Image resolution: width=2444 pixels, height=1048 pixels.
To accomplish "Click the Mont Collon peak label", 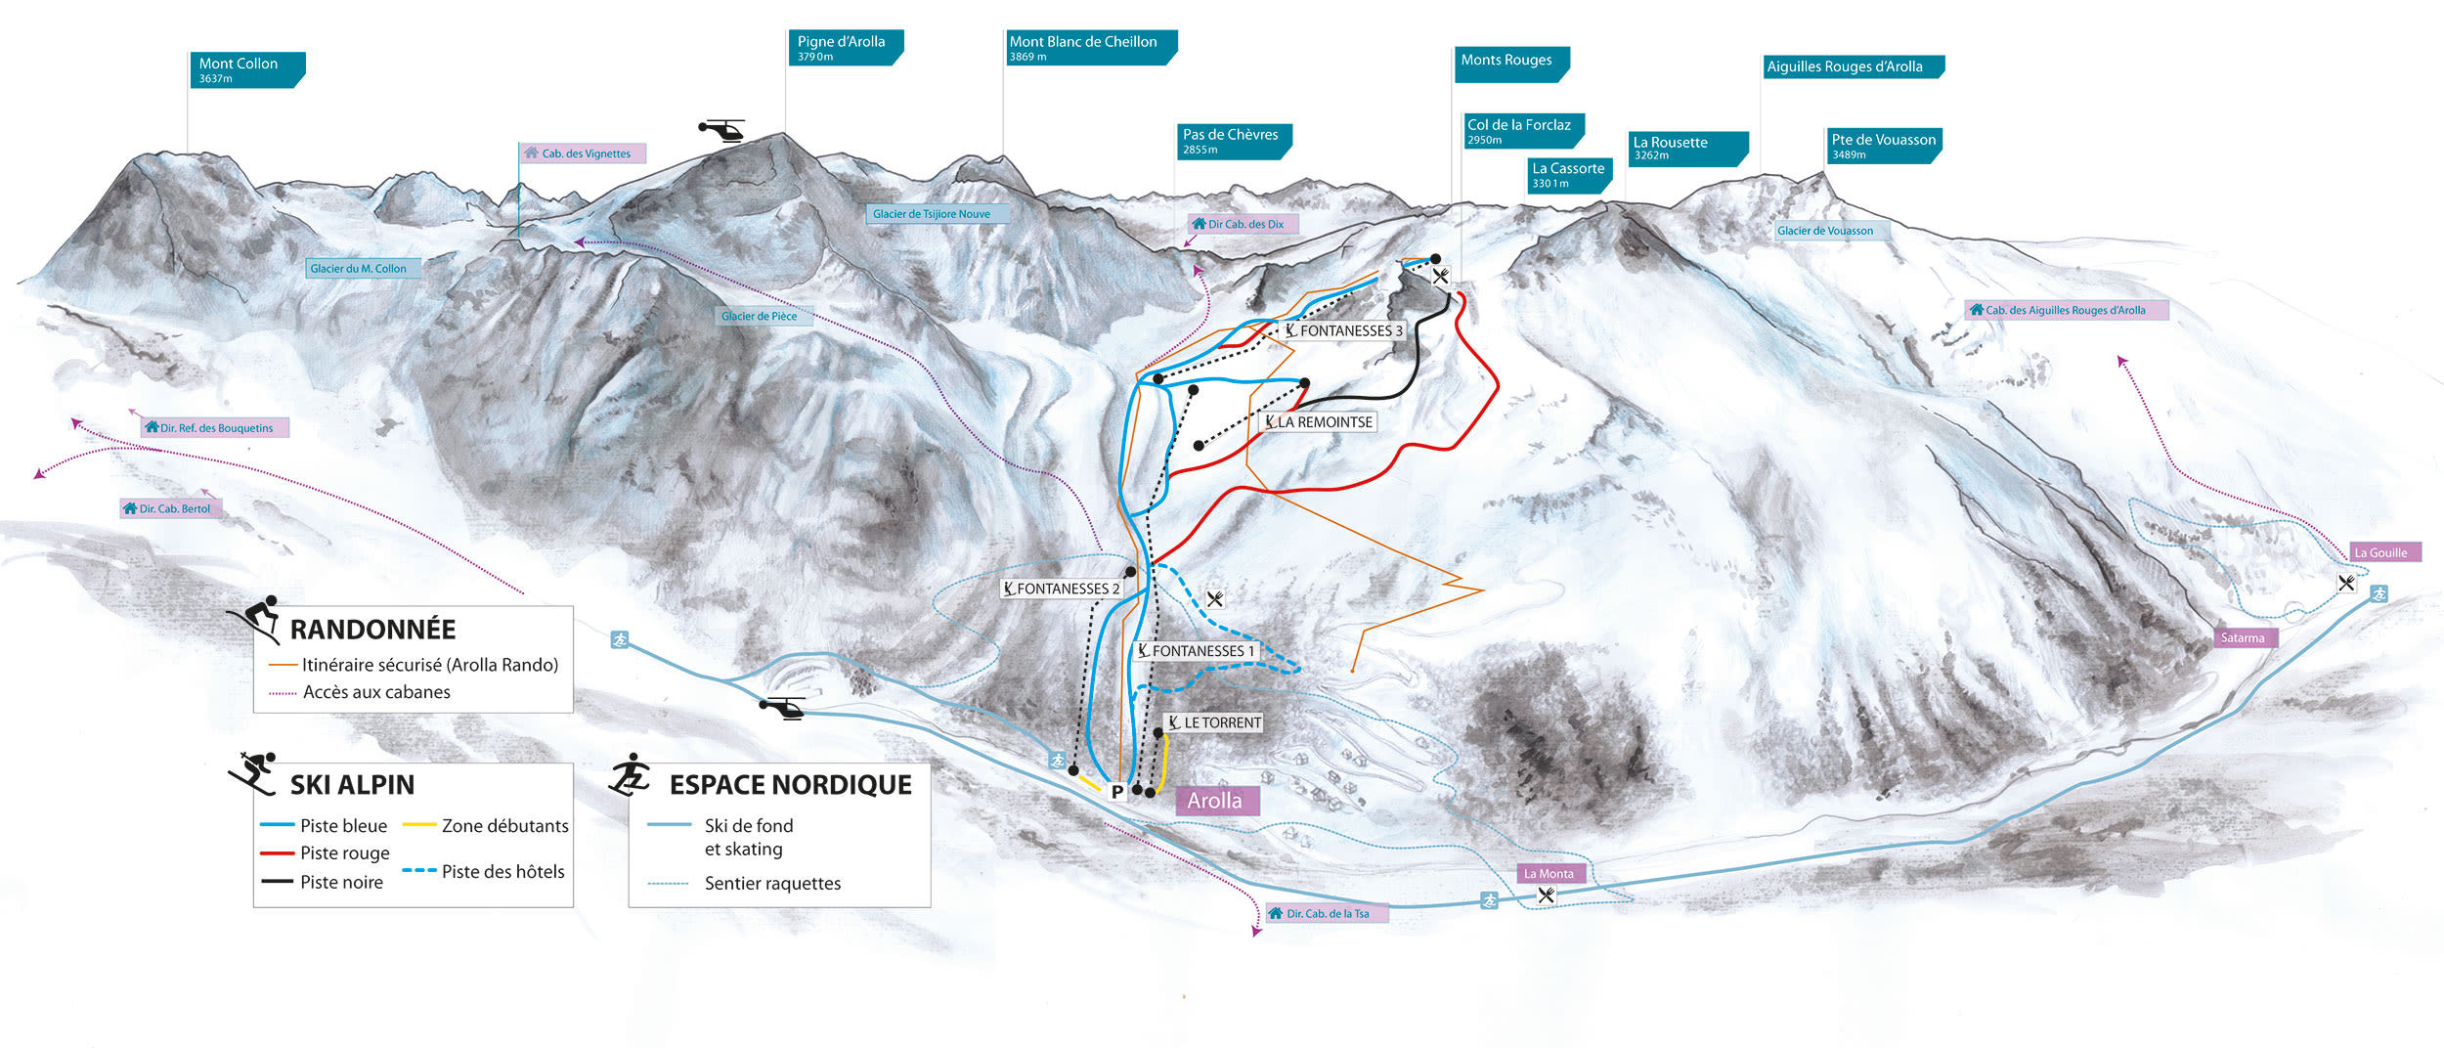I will [x=245, y=69].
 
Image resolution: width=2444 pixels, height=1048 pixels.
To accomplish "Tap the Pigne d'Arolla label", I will [x=844, y=47].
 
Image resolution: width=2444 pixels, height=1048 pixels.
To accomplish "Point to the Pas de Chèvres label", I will [x=1232, y=141].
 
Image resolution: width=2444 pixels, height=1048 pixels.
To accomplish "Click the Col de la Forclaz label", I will [x=1521, y=130].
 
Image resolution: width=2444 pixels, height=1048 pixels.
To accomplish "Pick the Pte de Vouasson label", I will [x=1882, y=145].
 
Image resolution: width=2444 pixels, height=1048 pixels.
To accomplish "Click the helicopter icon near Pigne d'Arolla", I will [x=722, y=129].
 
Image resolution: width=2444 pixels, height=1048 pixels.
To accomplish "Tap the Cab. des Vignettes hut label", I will [x=583, y=153].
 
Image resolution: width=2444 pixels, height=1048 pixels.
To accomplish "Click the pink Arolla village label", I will [x=1215, y=800].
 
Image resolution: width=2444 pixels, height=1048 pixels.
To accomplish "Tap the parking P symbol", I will [x=1116, y=792].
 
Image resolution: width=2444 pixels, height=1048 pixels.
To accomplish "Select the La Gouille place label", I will [x=2383, y=552].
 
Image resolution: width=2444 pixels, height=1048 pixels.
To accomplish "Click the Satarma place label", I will [x=2244, y=637].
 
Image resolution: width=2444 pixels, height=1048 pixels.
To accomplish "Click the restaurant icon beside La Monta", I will [x=1546, y=895].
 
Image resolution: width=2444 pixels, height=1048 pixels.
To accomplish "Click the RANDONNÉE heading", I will [x=372, y=629].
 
